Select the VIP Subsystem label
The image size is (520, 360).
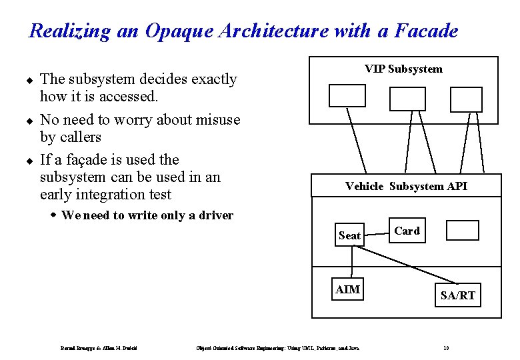tap(403, 69)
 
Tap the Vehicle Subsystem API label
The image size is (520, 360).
tap(406, 186)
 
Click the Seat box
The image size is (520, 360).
tap(349, 235)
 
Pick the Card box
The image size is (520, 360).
tap(407, 231)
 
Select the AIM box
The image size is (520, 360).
tap(348, 289)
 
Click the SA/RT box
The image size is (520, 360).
tap(458, 295)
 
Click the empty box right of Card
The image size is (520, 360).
tap(462, 230)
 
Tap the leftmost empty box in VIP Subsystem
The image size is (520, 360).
tap(347, 95)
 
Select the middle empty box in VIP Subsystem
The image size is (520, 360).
tap(407, 99)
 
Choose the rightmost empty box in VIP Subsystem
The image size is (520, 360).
tap(465, 99)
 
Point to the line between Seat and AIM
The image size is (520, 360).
tap(349, 262)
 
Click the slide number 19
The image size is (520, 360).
tap(445, 347)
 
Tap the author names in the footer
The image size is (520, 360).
tap(99, 347)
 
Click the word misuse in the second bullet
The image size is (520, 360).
tap(215, 120)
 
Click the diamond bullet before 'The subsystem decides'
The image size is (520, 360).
tap(30, 80)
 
